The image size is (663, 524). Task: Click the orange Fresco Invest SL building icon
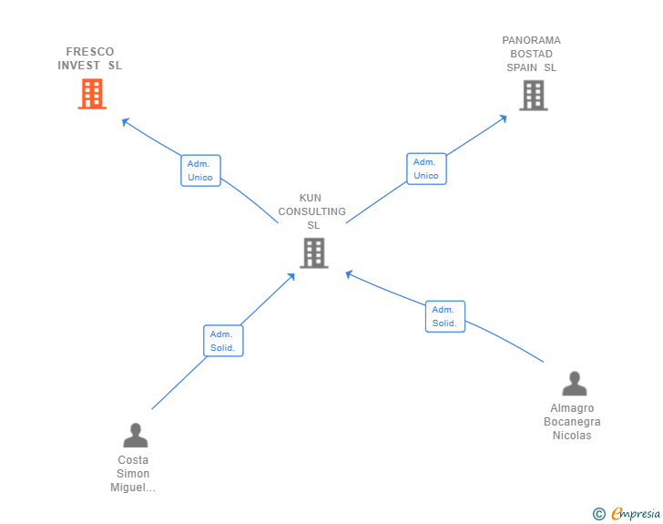pos(92,94)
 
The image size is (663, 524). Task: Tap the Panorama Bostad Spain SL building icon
pos(534,95)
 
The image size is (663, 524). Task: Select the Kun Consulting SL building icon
pos(313,253)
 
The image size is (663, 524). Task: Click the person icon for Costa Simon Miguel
pos(135,435)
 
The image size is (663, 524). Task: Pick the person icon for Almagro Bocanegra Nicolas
pos(574,384)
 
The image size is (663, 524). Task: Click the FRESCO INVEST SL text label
pos(90,58)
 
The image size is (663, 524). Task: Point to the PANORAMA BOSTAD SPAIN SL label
pos(532,54)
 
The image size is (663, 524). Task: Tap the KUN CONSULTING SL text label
pos(312,211)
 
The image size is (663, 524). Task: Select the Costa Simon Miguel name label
pos(133,474)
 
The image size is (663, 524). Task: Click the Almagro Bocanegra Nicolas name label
pos(572,422)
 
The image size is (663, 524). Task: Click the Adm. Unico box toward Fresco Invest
pos(200,170)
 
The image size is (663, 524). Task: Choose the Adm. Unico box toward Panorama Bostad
pos(426,169)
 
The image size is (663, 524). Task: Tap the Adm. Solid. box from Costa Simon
pos(223,341)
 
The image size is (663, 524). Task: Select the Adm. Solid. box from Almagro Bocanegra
pos(444,316)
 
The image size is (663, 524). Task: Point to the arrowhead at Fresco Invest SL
pos(126,120)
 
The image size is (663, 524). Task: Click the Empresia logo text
pos(636,514)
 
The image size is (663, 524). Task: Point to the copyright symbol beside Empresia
pos(598,514)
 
